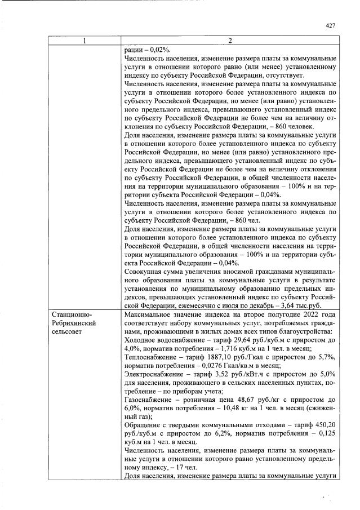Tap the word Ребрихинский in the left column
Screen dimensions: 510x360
tap(72, 322)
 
